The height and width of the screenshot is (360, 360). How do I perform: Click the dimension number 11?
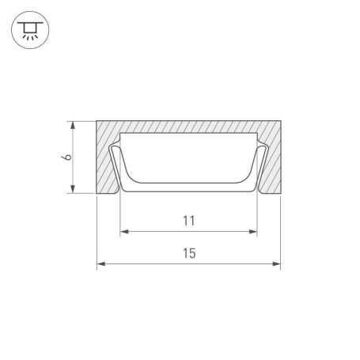189,221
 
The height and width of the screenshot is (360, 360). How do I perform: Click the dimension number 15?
189,253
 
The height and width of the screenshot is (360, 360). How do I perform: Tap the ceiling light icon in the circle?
30,30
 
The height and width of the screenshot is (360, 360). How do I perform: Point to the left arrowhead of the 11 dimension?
124,232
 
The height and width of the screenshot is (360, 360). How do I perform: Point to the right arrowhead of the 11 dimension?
253,232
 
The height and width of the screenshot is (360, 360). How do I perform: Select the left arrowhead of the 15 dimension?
101,263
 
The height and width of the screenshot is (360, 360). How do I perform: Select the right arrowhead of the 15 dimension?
276,263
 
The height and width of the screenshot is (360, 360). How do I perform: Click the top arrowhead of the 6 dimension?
73,126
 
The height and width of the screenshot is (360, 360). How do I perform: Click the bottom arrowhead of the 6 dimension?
73,189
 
